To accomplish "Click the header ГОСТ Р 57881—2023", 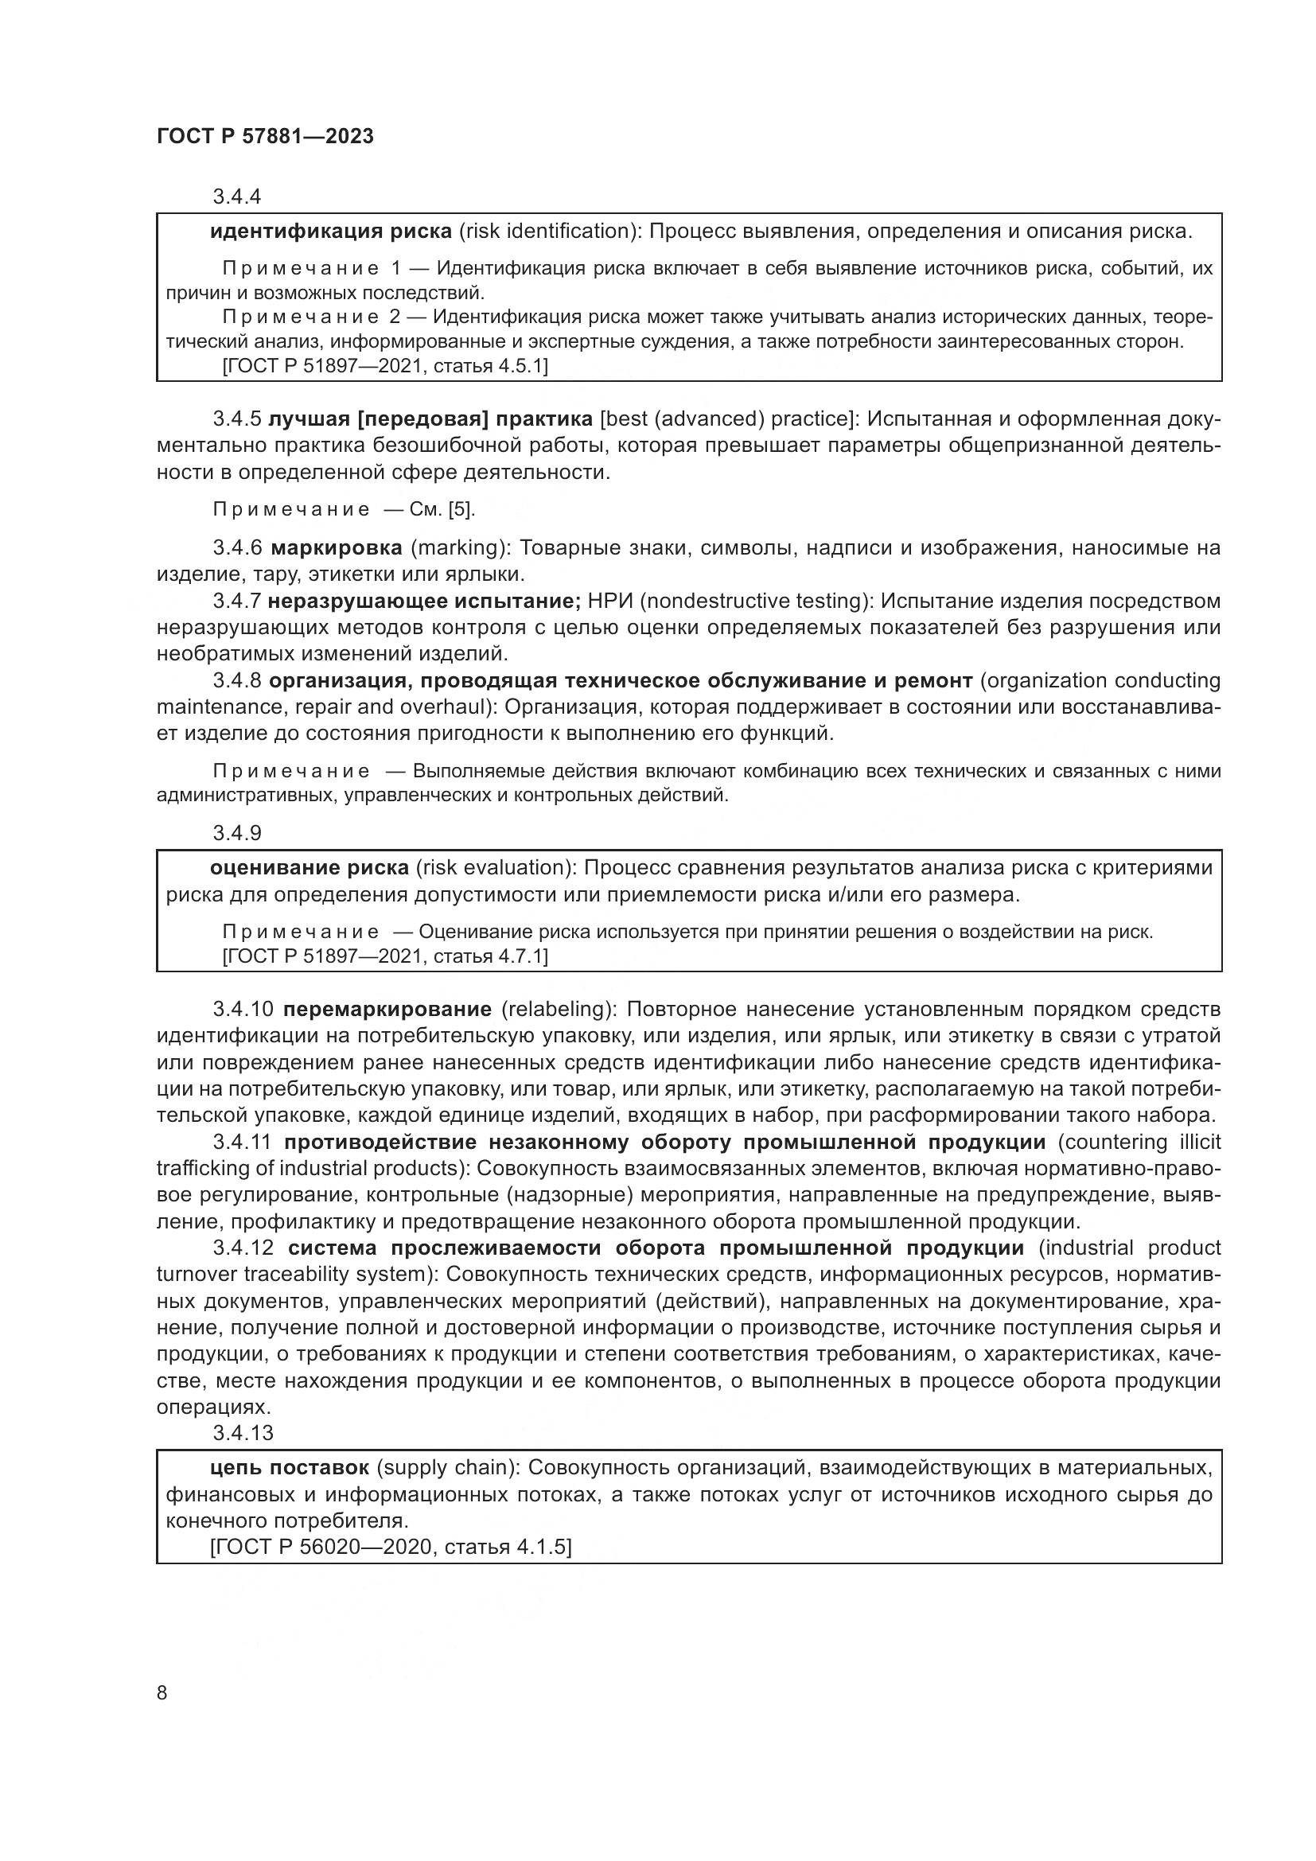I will [265, 136].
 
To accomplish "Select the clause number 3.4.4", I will [236, 197].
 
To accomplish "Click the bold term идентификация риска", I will [331, 232].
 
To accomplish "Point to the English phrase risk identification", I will [545, 232].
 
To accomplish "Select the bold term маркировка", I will [337, 548].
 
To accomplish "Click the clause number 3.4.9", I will [236, 833].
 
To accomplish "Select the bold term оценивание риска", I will [309, 868].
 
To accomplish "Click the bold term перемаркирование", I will [387, 1009].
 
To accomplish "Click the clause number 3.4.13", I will [243, 1433].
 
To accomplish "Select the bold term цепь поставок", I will [290, 1468].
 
